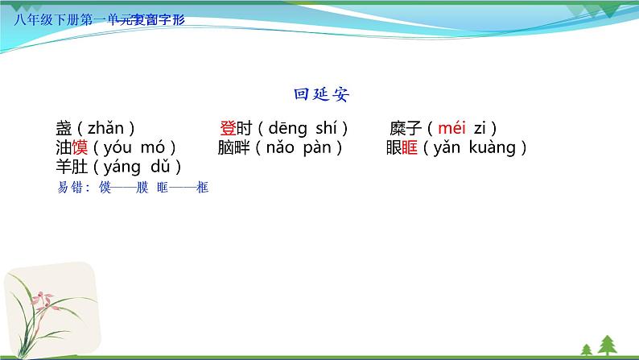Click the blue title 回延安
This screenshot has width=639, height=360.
(x=321, y=94)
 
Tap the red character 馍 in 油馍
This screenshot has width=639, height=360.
(x=80, y=147)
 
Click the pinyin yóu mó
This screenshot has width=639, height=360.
(x=130, y=147)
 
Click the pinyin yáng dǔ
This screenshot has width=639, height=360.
(x=131, y=168)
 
